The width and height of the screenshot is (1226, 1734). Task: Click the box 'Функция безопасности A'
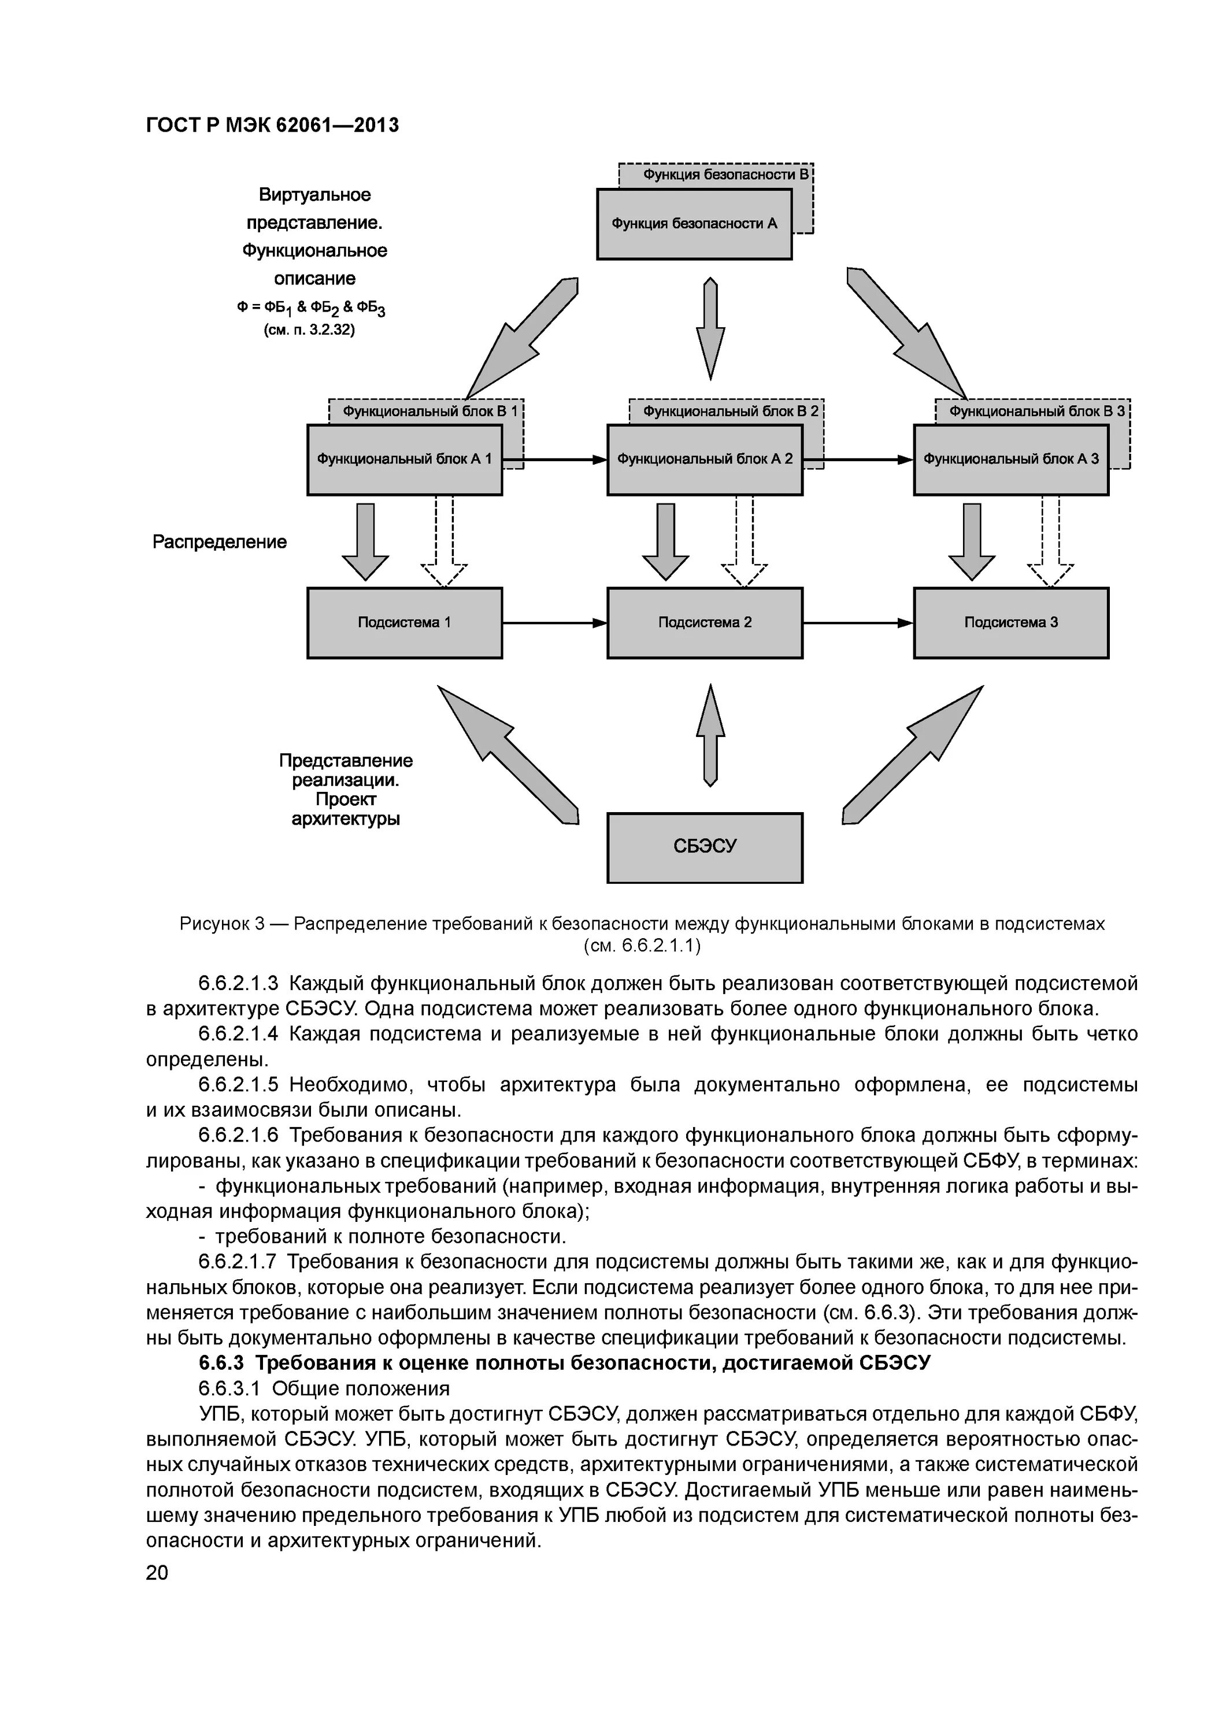[x=694, y=224]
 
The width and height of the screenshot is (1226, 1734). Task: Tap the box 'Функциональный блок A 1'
[x=404, y=459]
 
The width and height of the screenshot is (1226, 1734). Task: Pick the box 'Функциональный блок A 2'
[x=704, y=459]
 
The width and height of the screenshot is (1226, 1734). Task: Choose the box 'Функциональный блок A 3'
[x=1011, y=459]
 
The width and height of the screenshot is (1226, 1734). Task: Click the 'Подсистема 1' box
[x=404, y=623]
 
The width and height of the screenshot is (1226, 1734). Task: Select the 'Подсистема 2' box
[x=704, y=623]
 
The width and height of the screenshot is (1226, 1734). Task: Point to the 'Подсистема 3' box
[x=1011, y=623]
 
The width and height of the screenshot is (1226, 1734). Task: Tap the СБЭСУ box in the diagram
[x=704, y=847]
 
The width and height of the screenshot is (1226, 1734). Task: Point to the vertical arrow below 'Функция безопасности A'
[x=710, y=328]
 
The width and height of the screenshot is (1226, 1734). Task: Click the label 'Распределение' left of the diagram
[x=220, y=542]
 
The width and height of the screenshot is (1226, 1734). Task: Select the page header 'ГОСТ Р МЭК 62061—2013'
[x=272, y=125]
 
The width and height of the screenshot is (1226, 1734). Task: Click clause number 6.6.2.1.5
[x=238, y=1085]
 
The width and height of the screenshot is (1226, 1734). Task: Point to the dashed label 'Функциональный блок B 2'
[x=729, y=412]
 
